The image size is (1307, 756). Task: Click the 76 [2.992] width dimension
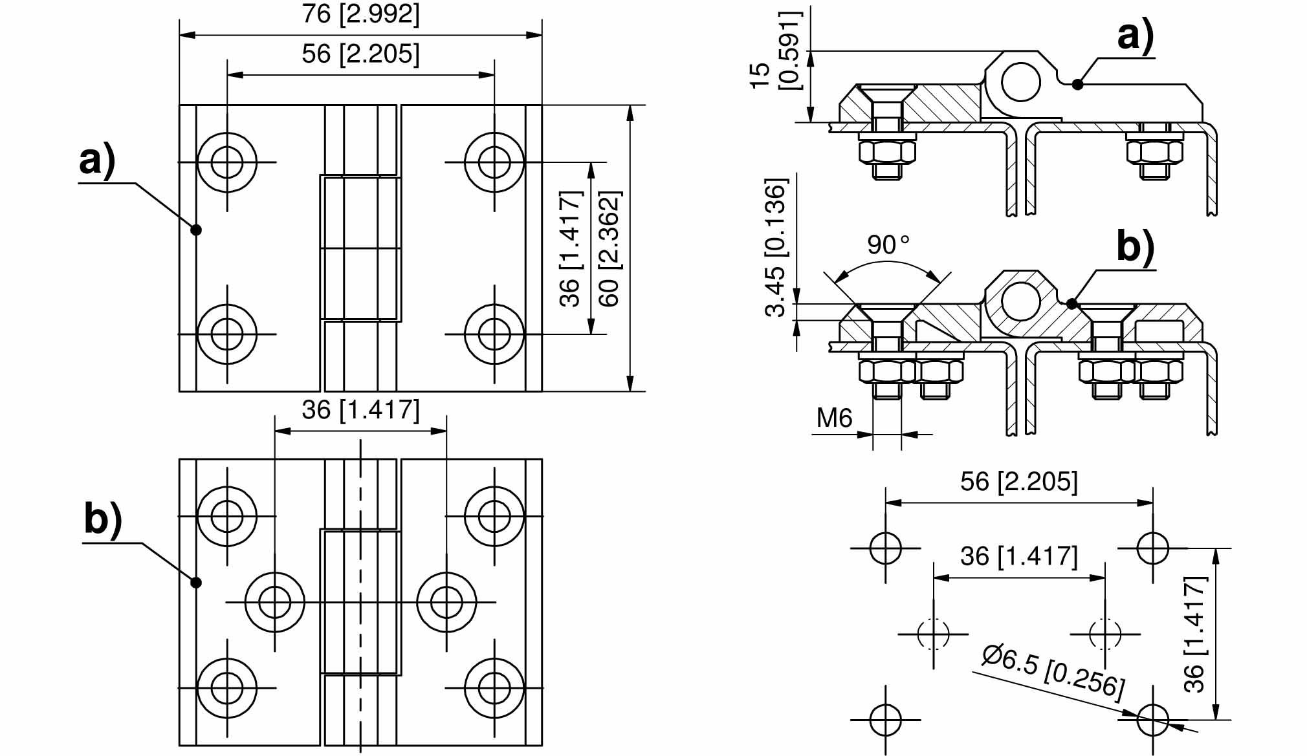pos(360,14)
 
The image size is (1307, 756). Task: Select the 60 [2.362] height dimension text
pos(610,248)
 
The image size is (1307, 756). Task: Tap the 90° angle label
pos(888,244)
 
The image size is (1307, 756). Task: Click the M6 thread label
pos(834,418)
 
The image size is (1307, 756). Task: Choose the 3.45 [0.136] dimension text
pos(775,247)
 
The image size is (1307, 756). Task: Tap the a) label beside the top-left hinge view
pos(97,160)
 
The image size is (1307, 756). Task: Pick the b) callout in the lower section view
pos(1136,247)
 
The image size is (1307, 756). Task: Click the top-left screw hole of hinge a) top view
pos(227,162)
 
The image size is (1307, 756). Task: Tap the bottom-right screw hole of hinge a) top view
pos(494,334)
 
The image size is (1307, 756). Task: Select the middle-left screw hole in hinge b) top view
pos(275,602)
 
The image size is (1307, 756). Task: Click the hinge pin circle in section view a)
pos(1021,82)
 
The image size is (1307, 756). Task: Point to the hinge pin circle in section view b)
pos(1021,301)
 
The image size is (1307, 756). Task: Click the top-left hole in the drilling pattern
pos(886,548)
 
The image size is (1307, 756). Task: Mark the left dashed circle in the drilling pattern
pos(934,634)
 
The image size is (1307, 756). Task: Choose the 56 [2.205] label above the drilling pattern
pos(1019,482)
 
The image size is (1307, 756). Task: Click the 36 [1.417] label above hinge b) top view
pos(360,409)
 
